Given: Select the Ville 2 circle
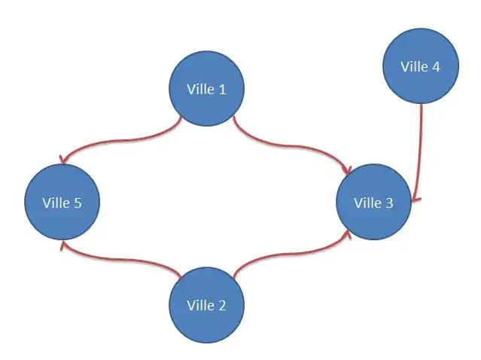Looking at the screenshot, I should point(205,306).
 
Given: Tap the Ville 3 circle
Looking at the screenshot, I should point(373,202).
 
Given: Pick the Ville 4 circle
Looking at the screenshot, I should point(420,66).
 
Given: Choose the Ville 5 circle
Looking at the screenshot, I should point(62,202).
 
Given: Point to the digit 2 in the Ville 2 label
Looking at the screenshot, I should point(221,306).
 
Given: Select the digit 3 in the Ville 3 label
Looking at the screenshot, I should point(389,203).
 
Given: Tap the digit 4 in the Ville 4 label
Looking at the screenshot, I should point(436,66).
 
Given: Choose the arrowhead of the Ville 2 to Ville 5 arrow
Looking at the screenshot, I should point(65,246).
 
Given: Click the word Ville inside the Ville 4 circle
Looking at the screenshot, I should point(414,66).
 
